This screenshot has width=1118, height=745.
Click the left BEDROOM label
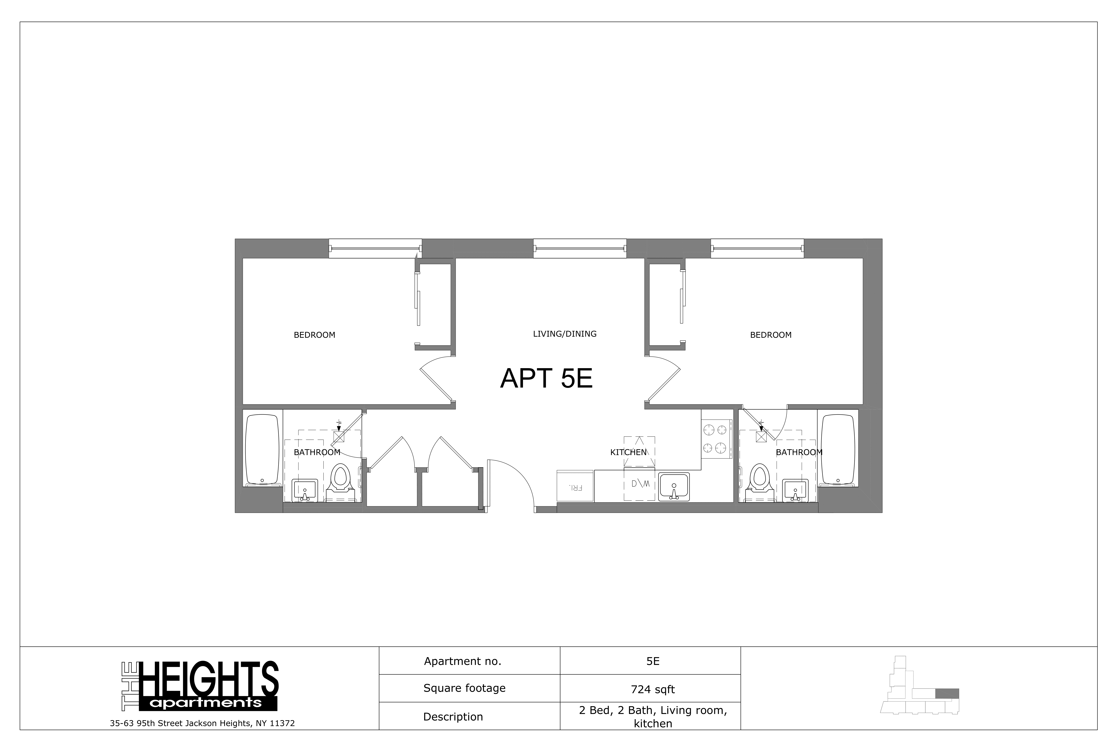pos(314,335)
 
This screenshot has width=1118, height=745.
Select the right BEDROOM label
pos(770,335)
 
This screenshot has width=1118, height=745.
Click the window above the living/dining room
pos(579,248)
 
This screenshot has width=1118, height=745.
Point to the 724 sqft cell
pos(653,689)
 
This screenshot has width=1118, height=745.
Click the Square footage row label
pos(464,688)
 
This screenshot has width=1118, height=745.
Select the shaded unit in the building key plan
pos(947,693)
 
